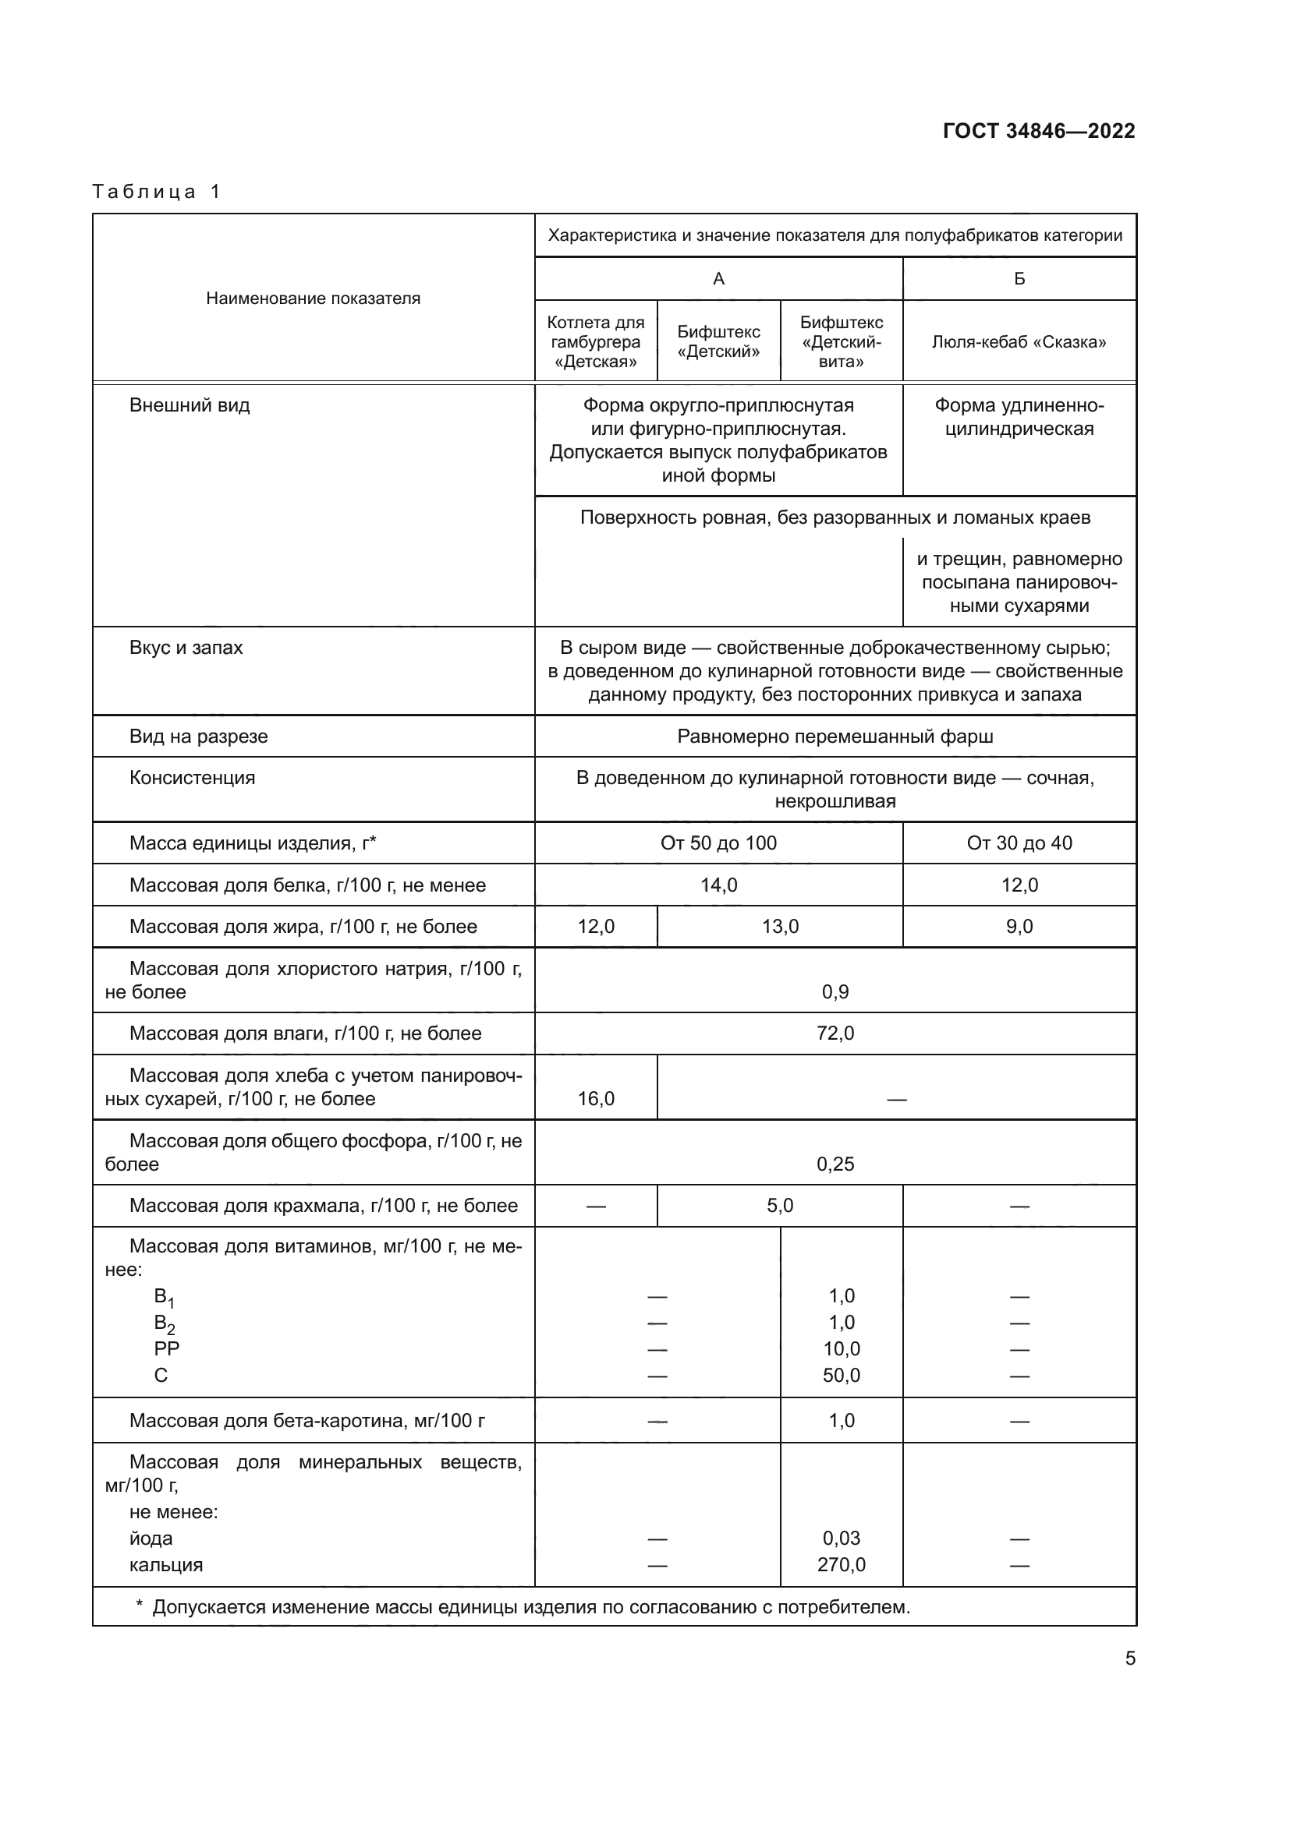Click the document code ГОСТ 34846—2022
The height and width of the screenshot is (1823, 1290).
pos(1038,131)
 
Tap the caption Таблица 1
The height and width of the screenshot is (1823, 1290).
pos(156,192)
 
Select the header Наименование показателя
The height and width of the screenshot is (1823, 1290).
pos(313,299)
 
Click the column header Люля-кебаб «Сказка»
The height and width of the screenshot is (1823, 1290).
pos(1019,342)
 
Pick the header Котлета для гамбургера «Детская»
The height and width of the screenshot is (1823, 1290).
pos(596,342)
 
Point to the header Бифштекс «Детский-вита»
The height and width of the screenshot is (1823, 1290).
pos(842,342)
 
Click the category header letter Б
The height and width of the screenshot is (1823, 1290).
pos(1019,279)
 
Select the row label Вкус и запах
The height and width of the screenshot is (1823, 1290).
pos(186,648)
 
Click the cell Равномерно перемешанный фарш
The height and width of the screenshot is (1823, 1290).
pos(835,737)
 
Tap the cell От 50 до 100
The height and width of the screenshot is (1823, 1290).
pos(718,843)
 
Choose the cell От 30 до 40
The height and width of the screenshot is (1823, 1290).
pos(1019,843)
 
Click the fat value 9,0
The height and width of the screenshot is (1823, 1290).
pos(1019,927)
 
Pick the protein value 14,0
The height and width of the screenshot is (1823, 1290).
pos(718,885)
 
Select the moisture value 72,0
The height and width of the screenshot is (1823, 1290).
pos(835,1033)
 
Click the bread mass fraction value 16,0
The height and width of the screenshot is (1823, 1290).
pos(596,1099)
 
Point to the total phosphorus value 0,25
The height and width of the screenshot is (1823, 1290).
pos(835,1164)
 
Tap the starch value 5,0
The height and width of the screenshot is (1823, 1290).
pos(779,1205)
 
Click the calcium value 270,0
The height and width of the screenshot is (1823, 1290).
pos(842,1565)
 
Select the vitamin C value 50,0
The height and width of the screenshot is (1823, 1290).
pos(842,1375)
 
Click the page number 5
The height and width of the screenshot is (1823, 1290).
pos(1129,1659)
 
